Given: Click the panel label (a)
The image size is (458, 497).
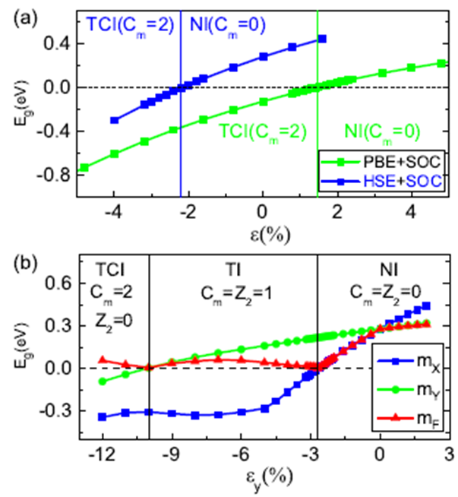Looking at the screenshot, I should (x=21, y=13).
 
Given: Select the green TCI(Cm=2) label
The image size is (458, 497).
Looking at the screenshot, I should (x=263, y=131).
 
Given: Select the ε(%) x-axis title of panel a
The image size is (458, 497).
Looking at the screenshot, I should (x=262, y=227).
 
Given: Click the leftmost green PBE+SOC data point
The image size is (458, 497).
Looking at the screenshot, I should (x=84, y=168).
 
